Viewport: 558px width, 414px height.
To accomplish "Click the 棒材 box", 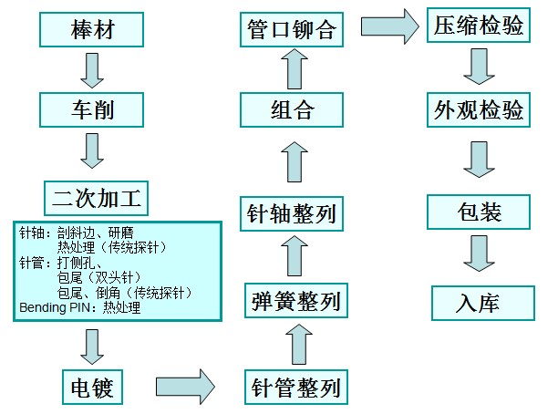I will [94, 30].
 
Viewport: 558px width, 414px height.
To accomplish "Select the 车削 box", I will [94, 111].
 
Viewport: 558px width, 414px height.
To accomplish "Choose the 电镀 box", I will [92, 387].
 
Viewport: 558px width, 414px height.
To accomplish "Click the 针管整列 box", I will [295, 388].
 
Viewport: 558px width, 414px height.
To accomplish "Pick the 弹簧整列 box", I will [295, 301].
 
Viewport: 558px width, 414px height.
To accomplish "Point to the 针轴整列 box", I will [293, 213].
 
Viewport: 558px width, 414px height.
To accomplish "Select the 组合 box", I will [293, 111].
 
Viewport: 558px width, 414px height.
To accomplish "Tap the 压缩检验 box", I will [478, 26].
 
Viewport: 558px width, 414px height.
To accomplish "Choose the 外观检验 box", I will [478, 111].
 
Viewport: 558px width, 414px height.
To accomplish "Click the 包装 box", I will [479, 213].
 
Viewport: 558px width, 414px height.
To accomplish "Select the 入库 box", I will [479, 302].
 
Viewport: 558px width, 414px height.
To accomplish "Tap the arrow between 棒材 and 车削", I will [92, 70].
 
